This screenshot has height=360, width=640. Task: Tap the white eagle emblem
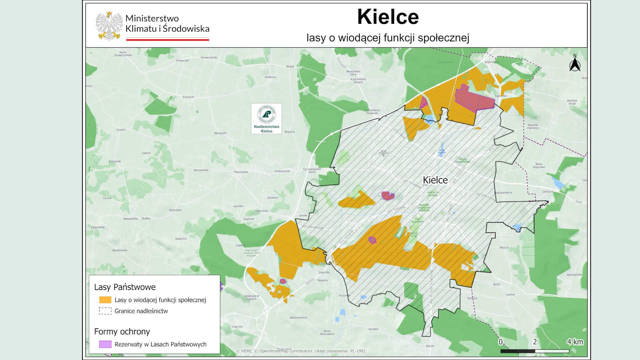pos(109,26)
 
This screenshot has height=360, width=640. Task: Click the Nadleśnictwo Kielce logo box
pos(266,119)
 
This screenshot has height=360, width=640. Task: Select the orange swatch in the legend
pos(105,300)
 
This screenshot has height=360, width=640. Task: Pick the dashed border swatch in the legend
pos(105,311)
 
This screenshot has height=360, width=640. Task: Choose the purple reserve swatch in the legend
pos(105,344)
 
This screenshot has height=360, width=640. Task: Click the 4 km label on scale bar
pos(575,342)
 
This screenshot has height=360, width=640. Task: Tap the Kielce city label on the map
pos(435,180)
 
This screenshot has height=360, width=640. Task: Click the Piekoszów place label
pos(241,172)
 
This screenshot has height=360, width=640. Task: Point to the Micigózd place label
pos(220,133)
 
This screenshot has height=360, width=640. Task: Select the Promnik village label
pos(188,97)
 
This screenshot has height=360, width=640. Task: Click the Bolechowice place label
pos(298,317)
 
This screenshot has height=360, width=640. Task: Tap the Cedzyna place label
pos(548,192)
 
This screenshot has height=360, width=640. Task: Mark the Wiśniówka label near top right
pos(492,62)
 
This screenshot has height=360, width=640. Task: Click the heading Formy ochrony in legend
pos(122,331)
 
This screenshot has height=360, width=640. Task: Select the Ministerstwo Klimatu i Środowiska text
pos(167,23)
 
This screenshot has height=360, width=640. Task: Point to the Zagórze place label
pos(248,219)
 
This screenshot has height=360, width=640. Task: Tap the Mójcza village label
pos(504,248)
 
